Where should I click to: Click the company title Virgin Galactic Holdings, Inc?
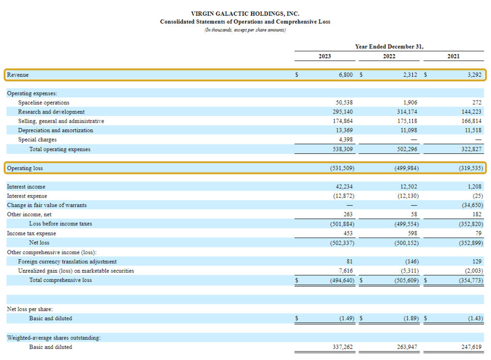[x=245, y=14]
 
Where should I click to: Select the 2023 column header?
[x=325, y=56]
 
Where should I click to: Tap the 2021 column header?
[x=453, y=56]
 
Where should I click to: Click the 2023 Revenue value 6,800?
[x=344, y=75]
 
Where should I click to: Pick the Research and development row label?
[x=51, y=112]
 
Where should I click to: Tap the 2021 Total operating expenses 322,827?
[x=471, y=149]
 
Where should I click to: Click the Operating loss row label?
[x=24, y=168]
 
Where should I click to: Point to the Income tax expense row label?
[x=31, y=233]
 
